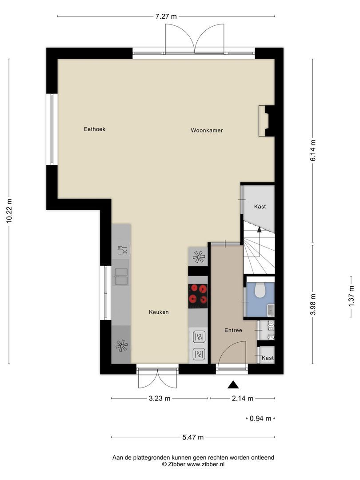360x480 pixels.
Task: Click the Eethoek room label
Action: (95, 129)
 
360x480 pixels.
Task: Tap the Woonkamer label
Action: (207, 130)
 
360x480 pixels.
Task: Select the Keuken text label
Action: (159, 312)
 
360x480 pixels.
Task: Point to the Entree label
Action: (233, 330)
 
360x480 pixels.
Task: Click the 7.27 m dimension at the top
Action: (166, 16)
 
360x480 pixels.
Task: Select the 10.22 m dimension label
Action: (9, 211)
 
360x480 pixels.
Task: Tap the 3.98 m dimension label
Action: (312, 304)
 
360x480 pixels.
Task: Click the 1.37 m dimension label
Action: (351, 296)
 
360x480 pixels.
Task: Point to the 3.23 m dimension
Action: (160, 398)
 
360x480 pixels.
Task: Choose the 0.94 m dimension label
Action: (260, 419)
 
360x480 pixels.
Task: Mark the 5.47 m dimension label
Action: (193, 437)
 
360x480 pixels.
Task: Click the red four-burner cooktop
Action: (198, 296)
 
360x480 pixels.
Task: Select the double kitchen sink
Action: (121, 277)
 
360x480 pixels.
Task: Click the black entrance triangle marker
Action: (233, 385)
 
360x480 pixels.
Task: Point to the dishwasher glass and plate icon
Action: (123, 250)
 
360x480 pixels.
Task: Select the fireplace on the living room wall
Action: (266, 121)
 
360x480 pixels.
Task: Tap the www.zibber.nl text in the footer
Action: (206, 464)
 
